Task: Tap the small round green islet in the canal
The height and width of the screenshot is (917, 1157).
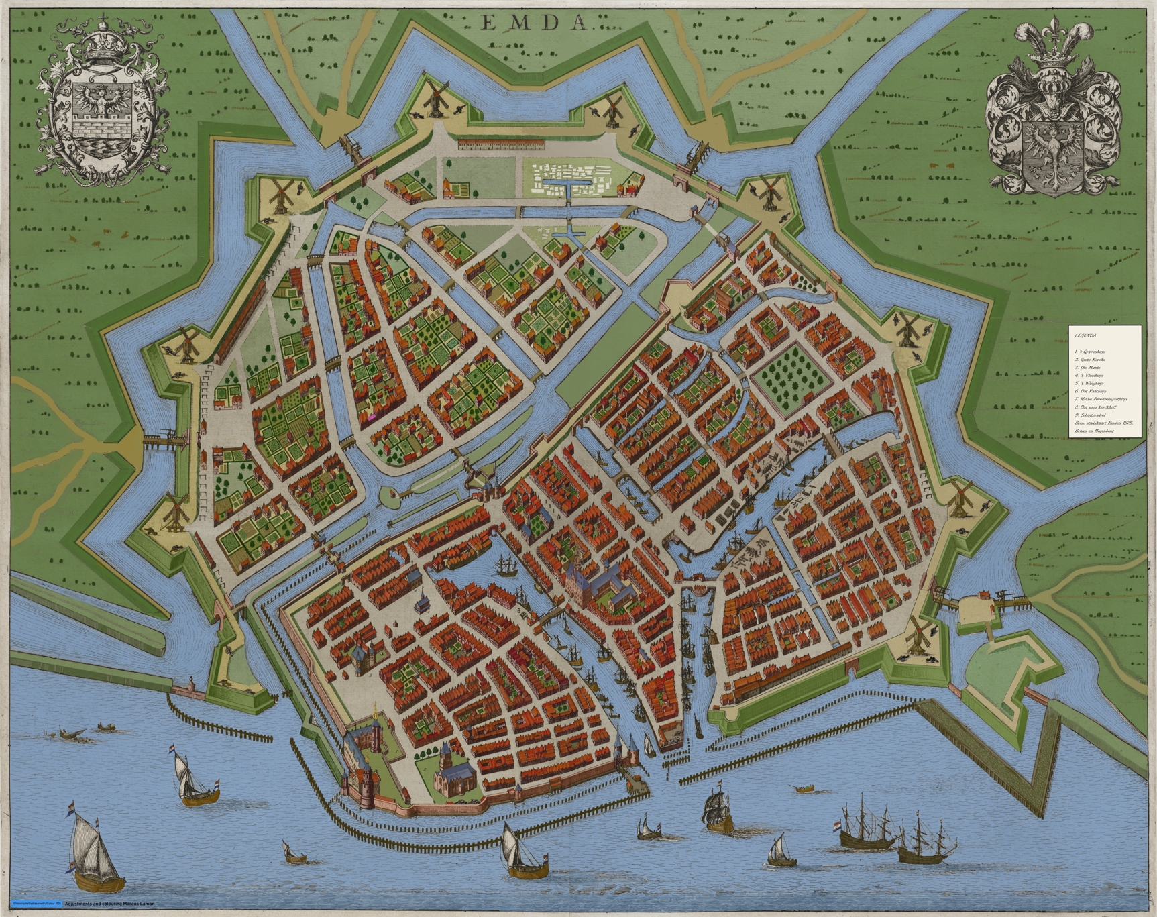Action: (388, 496)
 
